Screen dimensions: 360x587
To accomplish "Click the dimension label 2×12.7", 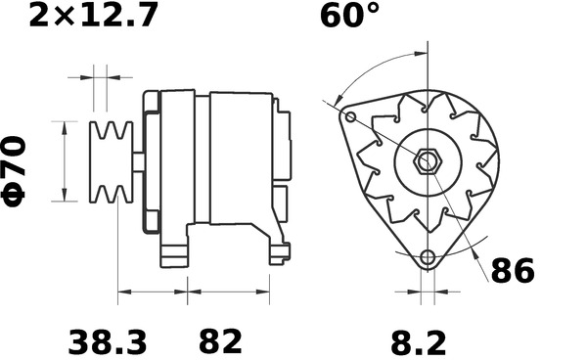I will (x=93, y=17).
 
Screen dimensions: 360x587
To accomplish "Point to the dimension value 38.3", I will (x=108, y=342).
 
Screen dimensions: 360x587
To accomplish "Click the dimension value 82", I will (x=220, y=342).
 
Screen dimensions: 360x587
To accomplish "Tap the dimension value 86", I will (x=512, y=271).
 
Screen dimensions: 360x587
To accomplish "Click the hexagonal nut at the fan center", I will (x=428, y=159).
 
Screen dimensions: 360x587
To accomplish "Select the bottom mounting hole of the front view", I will (x=427, y=259).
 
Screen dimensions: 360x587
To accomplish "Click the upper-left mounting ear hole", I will (x=350, y=117).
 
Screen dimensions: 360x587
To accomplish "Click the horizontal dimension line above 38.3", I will (x=152, y=291).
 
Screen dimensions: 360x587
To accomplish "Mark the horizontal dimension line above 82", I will (x=228, y=291).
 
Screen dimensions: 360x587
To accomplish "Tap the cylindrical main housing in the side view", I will (x=240, y=157).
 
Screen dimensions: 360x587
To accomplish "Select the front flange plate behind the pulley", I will (x=151, y=161).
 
